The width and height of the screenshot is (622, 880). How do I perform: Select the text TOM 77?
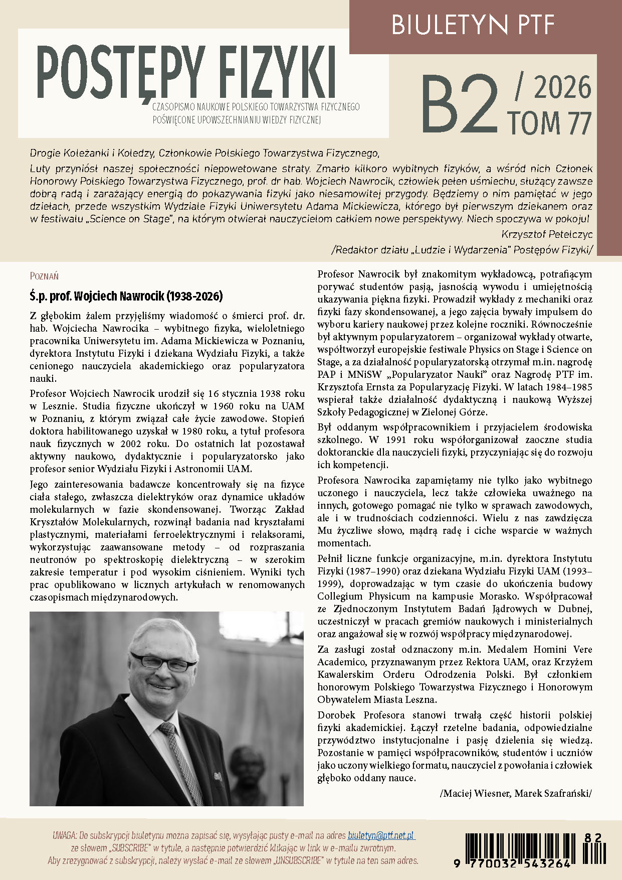549,122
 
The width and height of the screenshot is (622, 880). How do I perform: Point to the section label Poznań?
44,276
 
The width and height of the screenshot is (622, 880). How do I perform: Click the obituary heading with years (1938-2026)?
126,296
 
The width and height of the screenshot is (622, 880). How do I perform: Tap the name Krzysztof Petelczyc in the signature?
546,234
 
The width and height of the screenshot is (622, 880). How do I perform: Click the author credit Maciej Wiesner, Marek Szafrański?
515,793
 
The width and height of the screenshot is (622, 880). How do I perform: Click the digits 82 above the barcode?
592,837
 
